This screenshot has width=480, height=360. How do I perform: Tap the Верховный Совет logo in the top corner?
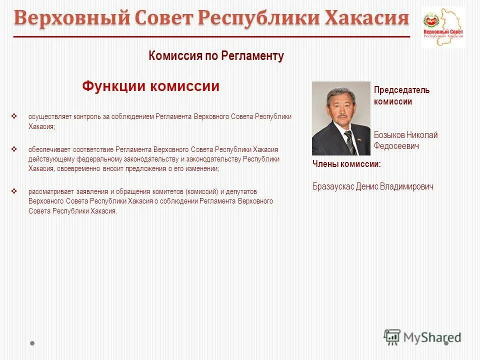pyautogui.click(x=442, y=27)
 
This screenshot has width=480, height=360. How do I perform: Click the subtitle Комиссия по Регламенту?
pyautogui.click(x=216, y=56)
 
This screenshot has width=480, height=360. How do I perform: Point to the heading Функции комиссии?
pyautogui.click(x=150, y=86)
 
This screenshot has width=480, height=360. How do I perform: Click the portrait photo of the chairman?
pyautogui.click(x=341, y=118)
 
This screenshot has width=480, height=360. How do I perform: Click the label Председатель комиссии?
pyautogui.click(x=401, y=95)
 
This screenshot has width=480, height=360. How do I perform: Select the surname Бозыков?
pyautogui.click(x=389, y=135)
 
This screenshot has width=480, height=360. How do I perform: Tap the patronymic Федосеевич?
pyautogui.click(x=396, y=146)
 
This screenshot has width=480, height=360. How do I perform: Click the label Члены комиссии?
pyautogui.click(x=346, y=164)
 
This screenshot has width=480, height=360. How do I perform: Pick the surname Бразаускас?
pyautogui.click(x=333, y=186)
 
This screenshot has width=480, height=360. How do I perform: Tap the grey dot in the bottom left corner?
pyautogui.click(x=32, y=343)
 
